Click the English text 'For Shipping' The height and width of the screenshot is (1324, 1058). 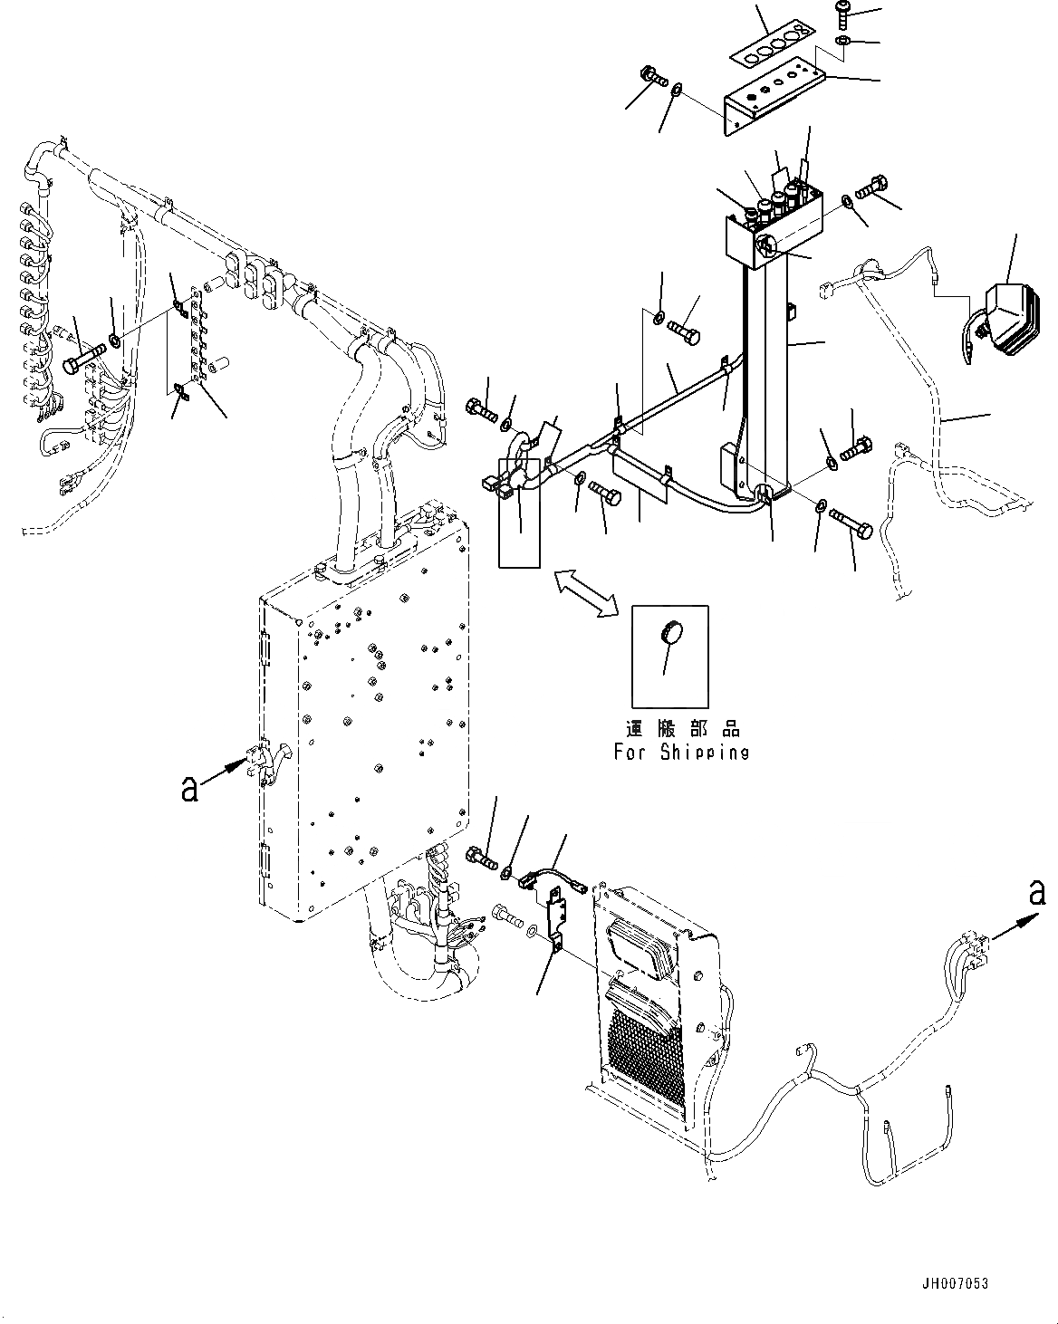(681, 752)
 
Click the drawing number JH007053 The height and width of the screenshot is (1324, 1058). (954, 1283)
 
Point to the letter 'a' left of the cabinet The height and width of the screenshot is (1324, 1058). (188, 789)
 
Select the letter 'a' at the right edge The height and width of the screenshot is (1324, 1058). (1037, 893)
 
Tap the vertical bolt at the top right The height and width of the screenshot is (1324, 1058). (842, 14)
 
